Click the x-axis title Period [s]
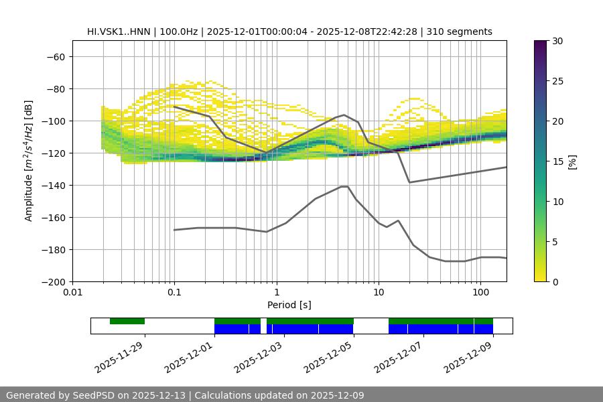click(x=289, y=306)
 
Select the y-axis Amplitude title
click(x=29, y=161)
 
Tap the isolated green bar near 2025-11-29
click(x=127, y=321)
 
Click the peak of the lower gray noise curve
click(x=344, y=186)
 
